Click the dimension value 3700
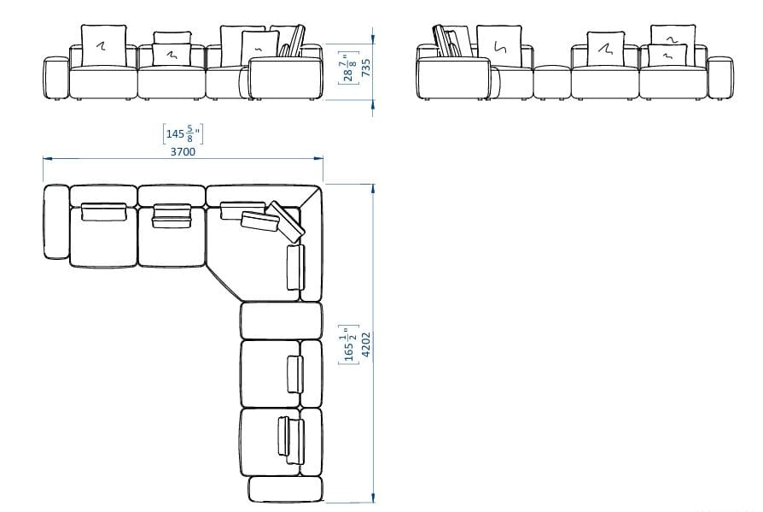(183, 152)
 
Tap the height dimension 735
(365, 68)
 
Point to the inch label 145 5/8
(182, 133)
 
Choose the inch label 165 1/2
(347, 344)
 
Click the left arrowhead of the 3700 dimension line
(46, 158)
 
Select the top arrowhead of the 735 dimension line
(373, 35)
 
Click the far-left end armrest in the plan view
(55, 221)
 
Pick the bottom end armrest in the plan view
(285, 490)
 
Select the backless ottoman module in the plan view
(281, 321)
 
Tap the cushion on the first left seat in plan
(104, 211)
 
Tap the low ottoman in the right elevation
(551, 83)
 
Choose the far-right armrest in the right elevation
(719, 78)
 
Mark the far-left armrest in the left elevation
(55, 78)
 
